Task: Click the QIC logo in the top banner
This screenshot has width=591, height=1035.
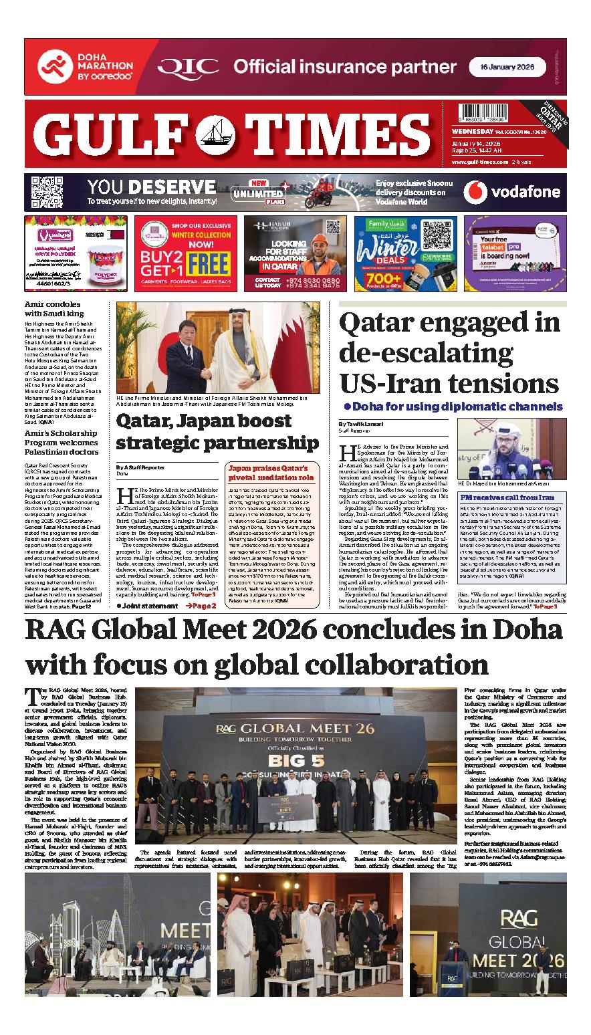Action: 190,66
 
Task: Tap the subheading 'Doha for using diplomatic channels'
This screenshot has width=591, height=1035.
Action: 453,406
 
